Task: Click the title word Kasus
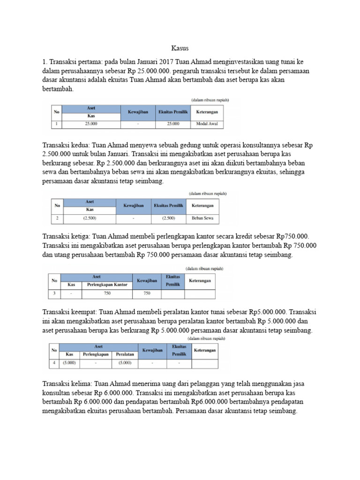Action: coord(180,48)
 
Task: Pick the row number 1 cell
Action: coord(56,124)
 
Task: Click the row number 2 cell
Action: coord(57,218)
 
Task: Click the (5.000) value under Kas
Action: coord(70,363)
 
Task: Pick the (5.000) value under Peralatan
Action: coord(125,363)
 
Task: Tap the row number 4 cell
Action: coord(54,363)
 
